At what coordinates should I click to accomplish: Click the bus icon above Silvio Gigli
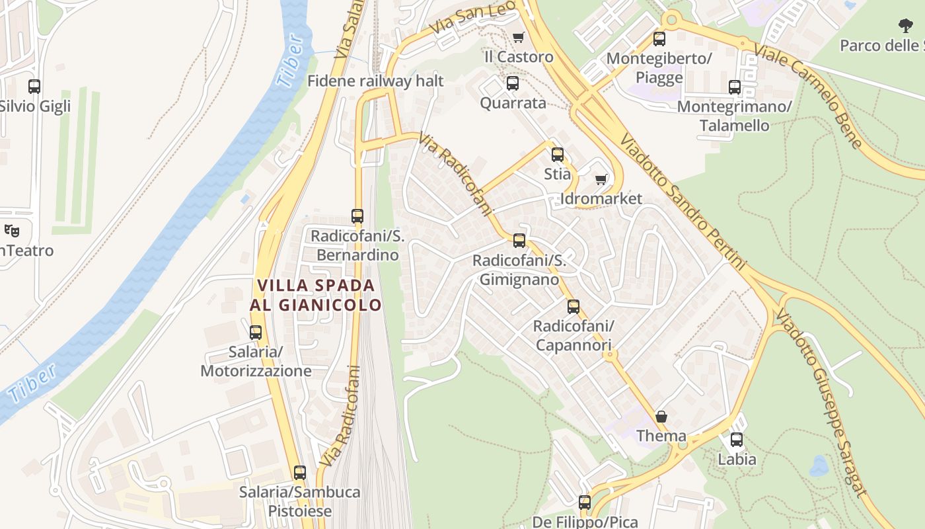(34, 86)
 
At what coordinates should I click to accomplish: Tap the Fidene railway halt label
(375, 81)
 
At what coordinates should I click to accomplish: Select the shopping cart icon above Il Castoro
(518, 38)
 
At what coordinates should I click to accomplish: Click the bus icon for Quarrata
(512, 83)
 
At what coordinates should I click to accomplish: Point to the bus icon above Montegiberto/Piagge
(659, 39)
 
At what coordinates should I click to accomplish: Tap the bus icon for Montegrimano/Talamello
(734, 87)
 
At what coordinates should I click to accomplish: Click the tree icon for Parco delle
(905, 26)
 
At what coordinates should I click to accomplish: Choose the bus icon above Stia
(558, 155)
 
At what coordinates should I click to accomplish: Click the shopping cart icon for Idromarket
(601, 179)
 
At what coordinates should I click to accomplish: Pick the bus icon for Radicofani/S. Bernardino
(357, 216)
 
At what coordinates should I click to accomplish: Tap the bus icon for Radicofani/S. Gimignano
(519, 241)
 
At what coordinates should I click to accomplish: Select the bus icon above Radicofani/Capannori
(573, 307)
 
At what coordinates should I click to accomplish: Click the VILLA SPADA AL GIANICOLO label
(316, 295)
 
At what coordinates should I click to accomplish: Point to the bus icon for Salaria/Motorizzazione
(256, 333)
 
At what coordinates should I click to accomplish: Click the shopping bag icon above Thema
(661, 417)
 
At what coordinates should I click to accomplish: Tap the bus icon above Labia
(736, 439)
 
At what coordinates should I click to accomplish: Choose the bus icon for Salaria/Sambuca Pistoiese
(300, 473)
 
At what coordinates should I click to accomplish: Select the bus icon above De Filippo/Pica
(585, 503)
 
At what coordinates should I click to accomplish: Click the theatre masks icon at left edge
(11, 231)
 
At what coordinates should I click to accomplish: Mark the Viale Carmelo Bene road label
(807, 96)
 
